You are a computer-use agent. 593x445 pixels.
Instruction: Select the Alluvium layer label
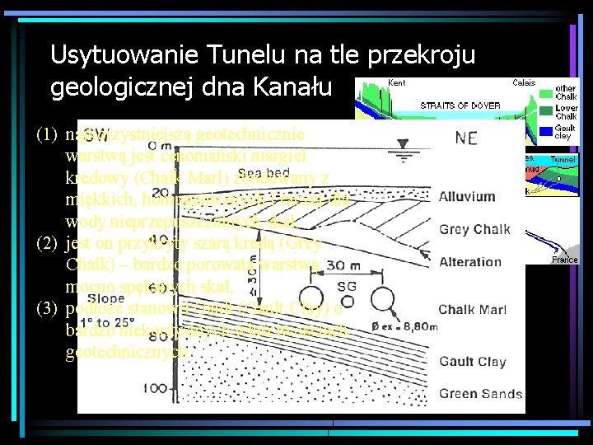[x=466, y=197]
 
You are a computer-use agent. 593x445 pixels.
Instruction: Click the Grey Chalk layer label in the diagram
[x=474, y=229]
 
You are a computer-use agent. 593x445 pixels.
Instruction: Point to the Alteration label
[x=469, y=262]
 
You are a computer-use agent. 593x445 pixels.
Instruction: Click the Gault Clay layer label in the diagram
[x=472, y=361]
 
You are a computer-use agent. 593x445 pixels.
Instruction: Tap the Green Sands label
[x=480, y=393]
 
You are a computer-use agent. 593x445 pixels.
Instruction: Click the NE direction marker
[x=465, y=137]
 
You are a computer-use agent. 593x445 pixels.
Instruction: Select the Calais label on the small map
[x=524, y=83]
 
